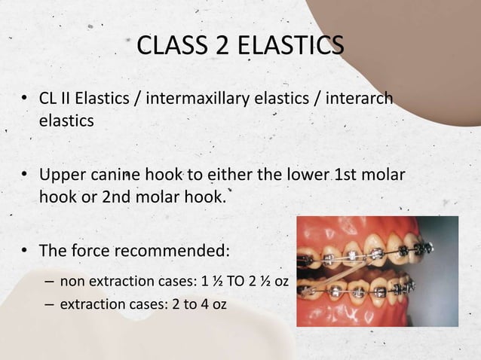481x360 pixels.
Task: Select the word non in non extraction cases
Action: (x=72, y=284)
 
